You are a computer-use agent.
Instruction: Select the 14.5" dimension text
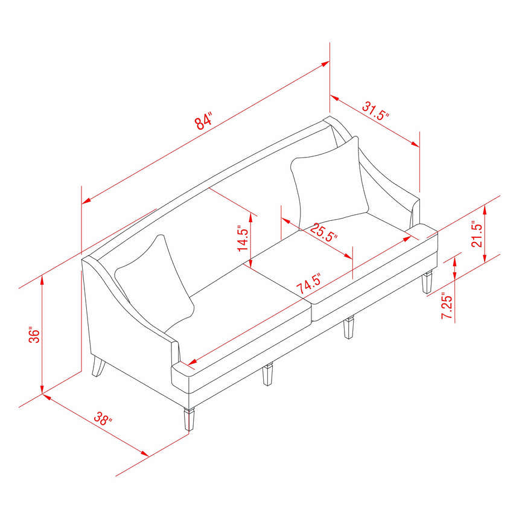(243, 239)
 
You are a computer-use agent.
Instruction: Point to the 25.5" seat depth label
(325, 232)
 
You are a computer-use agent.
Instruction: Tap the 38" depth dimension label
(103, 419)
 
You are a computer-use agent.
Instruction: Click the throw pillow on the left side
(155, 282)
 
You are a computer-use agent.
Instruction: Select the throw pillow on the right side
(330, 180)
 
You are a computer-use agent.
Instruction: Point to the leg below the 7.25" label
(428, 281)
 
